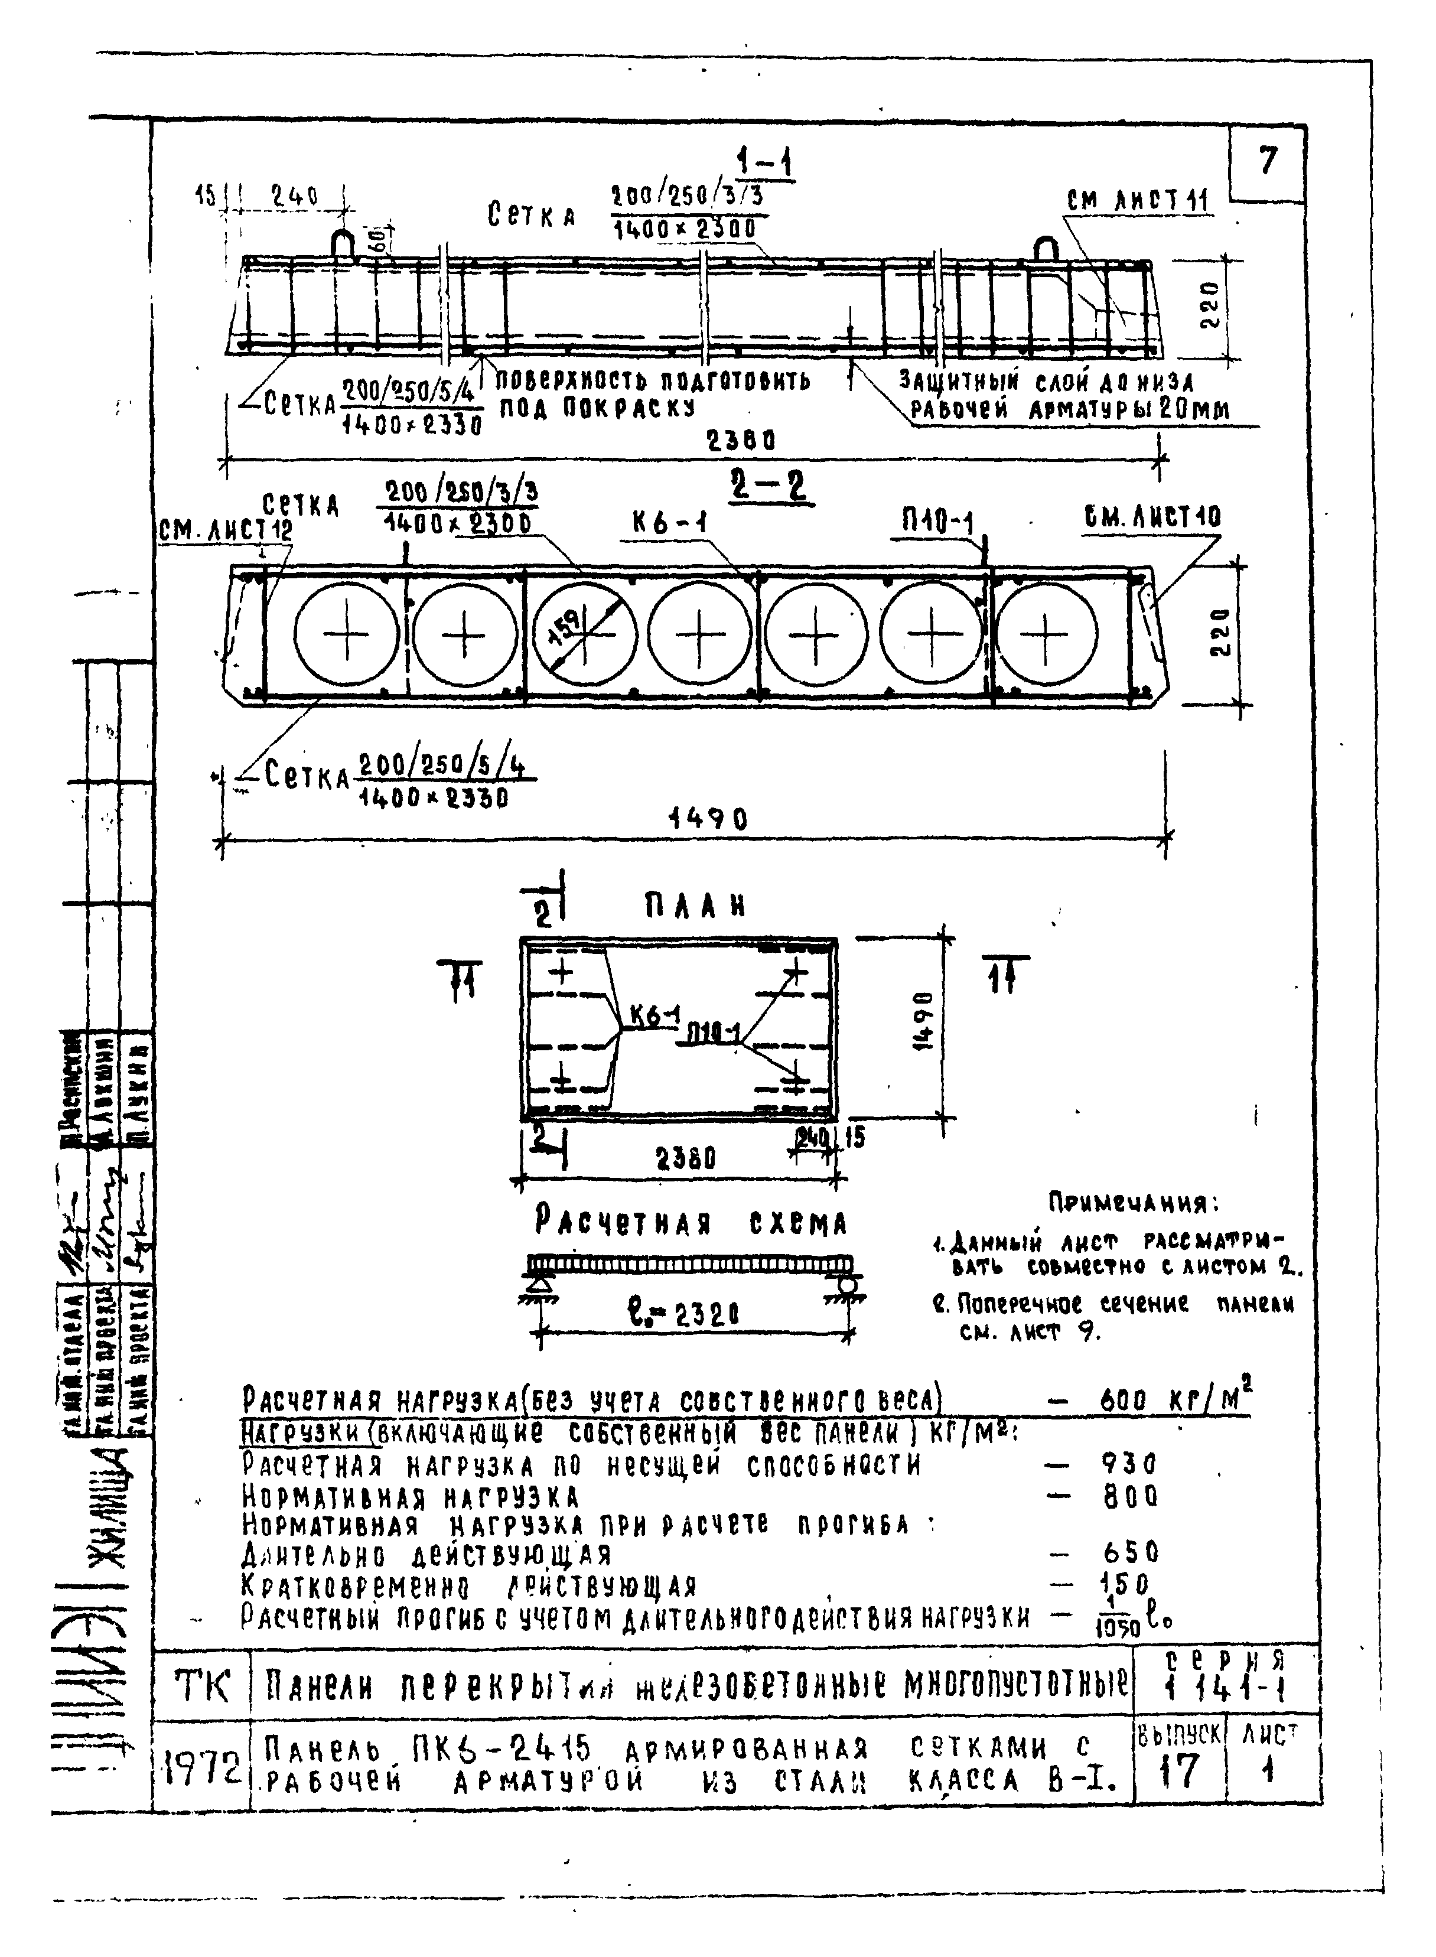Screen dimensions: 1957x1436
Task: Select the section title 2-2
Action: click(767, 487)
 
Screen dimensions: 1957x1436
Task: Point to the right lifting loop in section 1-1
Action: click(1044, 249)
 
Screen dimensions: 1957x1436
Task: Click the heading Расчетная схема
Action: click(690, 1223)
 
